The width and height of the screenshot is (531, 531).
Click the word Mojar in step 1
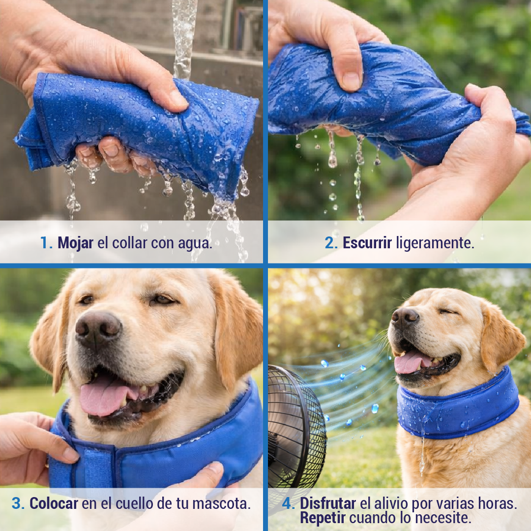coord(75,243)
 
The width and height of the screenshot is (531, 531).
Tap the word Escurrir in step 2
coord(367,243)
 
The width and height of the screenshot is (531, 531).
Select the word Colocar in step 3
coord(54,503)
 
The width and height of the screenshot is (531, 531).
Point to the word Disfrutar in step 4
coord(328,503)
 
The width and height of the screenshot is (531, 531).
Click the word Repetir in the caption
coord(323,518)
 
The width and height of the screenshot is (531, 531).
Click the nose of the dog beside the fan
coord(405,317)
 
